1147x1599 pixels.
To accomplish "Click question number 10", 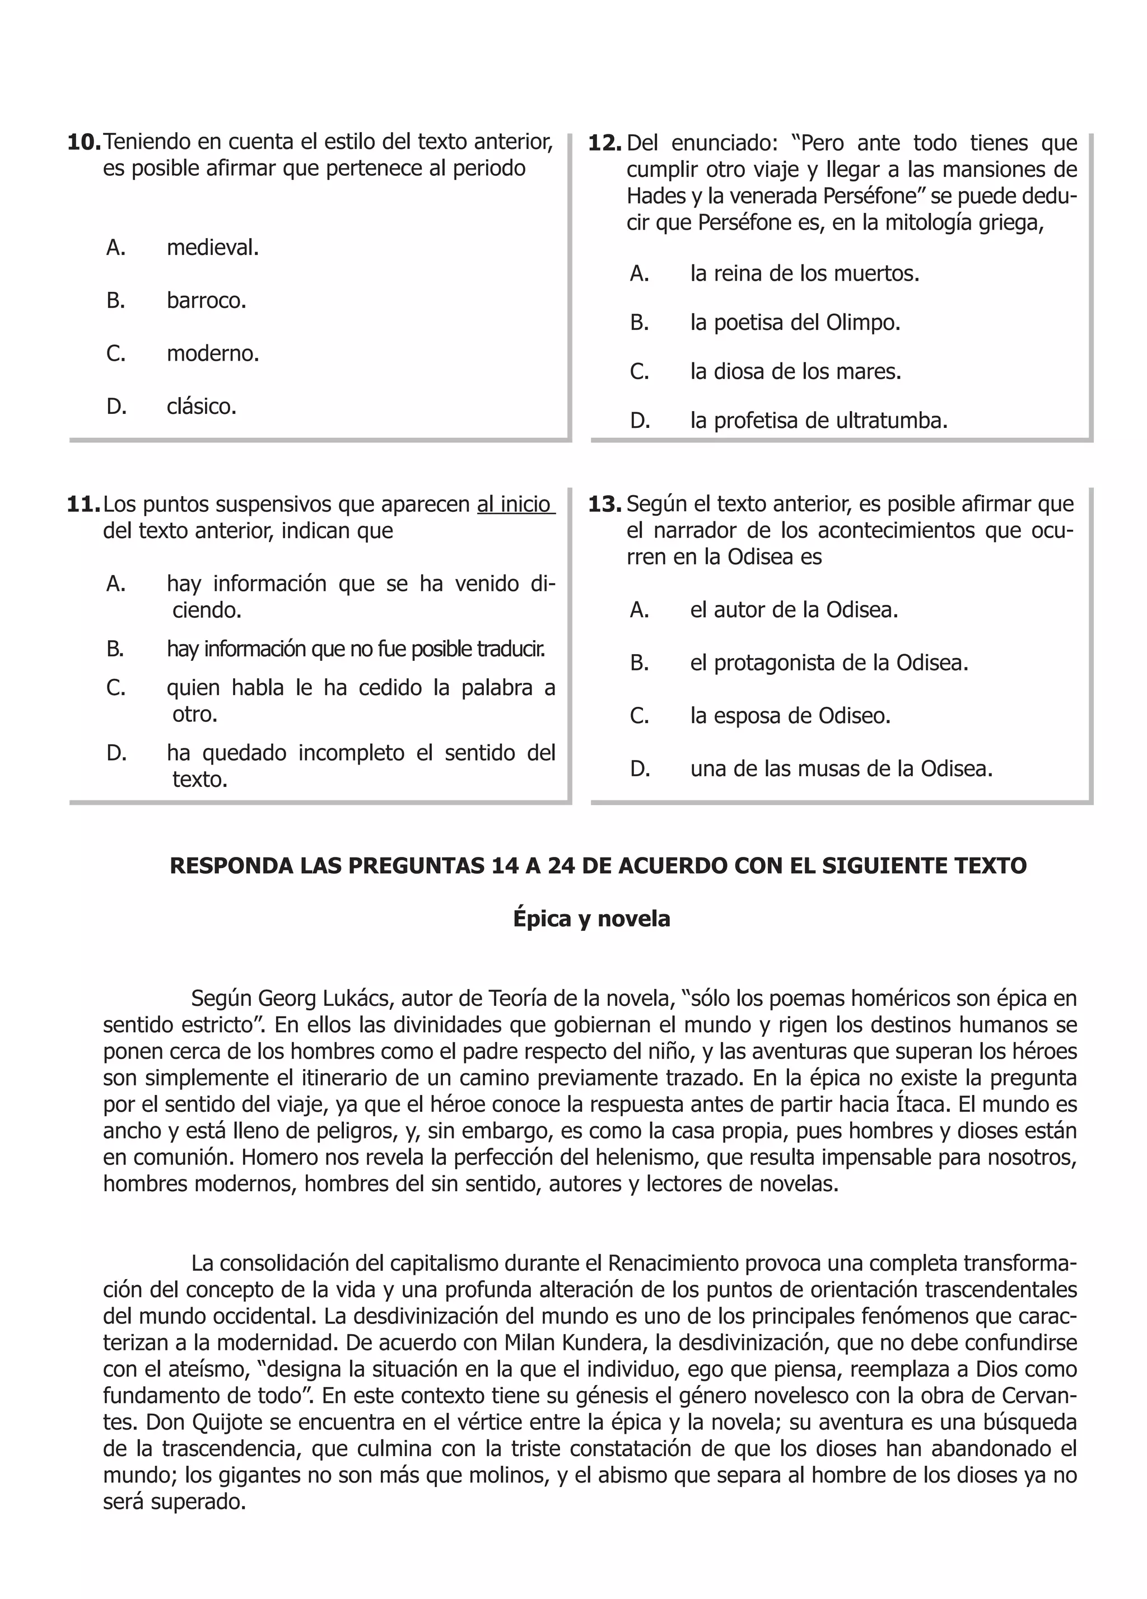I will point(83,142).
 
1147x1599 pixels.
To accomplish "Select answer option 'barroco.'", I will point(206,301).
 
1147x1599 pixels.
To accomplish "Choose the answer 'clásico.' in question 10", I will point(201,407).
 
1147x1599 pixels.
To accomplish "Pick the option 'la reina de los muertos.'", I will point(804,273).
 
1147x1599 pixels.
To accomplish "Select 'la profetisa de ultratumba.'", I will point(818,421).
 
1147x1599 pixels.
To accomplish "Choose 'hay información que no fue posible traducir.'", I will point(356,649).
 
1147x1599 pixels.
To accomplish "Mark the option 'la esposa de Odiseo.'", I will point(790,716).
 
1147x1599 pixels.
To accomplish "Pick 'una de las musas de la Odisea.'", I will point(841,768).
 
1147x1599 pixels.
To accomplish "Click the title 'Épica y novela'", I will point(591,919).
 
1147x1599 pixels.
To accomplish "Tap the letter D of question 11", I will point(116,754).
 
